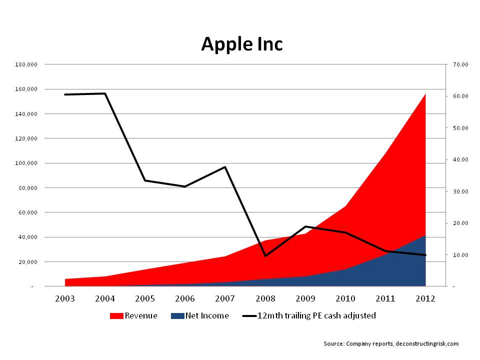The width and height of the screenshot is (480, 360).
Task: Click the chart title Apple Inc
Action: pos(242,44)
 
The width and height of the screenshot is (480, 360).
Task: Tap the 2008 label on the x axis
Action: pos(265,298)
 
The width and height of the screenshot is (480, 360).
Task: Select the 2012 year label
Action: pos(425,298)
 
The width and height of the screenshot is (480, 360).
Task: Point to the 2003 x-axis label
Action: pos(65,298)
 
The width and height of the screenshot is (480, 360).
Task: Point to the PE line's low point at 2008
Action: pos(265,255)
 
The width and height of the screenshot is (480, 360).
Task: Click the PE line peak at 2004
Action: pos(105,93)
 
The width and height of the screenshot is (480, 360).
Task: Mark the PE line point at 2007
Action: pos(225,167)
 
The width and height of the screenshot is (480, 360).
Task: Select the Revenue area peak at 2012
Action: pos(425,94)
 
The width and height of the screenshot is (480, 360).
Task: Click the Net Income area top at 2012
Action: pos(425,235)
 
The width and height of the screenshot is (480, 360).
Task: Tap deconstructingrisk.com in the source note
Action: pos(426,343)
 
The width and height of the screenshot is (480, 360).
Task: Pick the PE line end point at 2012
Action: pos(425,255)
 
